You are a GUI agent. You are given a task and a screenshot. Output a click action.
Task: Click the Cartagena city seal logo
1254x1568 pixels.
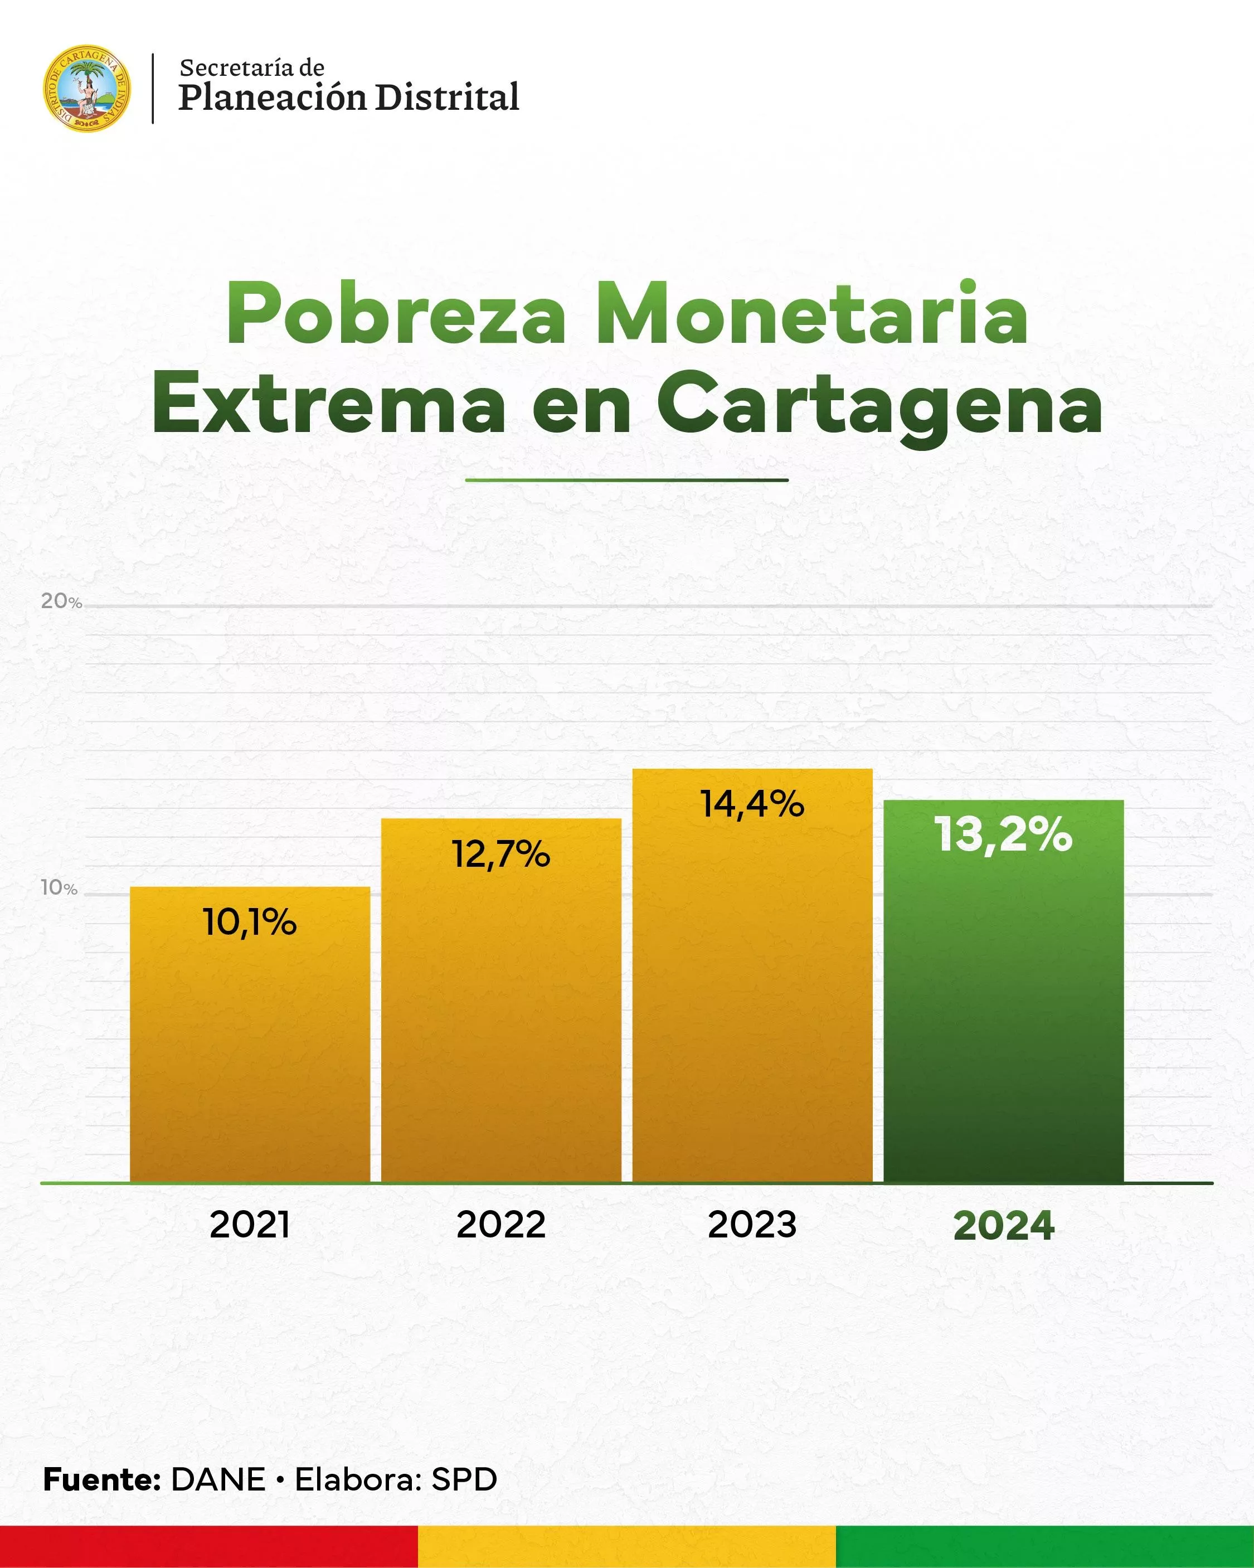(88, 88)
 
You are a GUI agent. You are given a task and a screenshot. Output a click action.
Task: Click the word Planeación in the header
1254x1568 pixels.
(272, 98)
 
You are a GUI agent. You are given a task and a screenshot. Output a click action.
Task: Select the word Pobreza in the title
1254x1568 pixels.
(396, 315)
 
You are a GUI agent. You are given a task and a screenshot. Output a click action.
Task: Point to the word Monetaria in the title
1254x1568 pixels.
(811, 315)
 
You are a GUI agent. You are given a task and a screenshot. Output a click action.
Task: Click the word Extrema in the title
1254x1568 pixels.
(328, 404)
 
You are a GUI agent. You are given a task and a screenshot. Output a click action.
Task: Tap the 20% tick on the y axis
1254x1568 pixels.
(61, 601)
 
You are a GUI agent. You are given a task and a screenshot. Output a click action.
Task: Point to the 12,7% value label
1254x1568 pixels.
(501, 855)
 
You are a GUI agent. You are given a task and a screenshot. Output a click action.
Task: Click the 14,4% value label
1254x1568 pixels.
(752, 805)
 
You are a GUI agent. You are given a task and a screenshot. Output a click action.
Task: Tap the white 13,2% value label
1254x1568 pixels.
(1003, 834)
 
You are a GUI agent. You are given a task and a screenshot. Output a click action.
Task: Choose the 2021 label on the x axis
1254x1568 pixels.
(250, 1225)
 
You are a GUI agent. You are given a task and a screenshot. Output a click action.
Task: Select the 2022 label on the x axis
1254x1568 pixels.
(501, 1225)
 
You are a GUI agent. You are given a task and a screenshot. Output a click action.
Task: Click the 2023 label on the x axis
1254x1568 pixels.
(752, 1225)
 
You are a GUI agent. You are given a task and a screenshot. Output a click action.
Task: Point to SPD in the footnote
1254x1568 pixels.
(464, 1480)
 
